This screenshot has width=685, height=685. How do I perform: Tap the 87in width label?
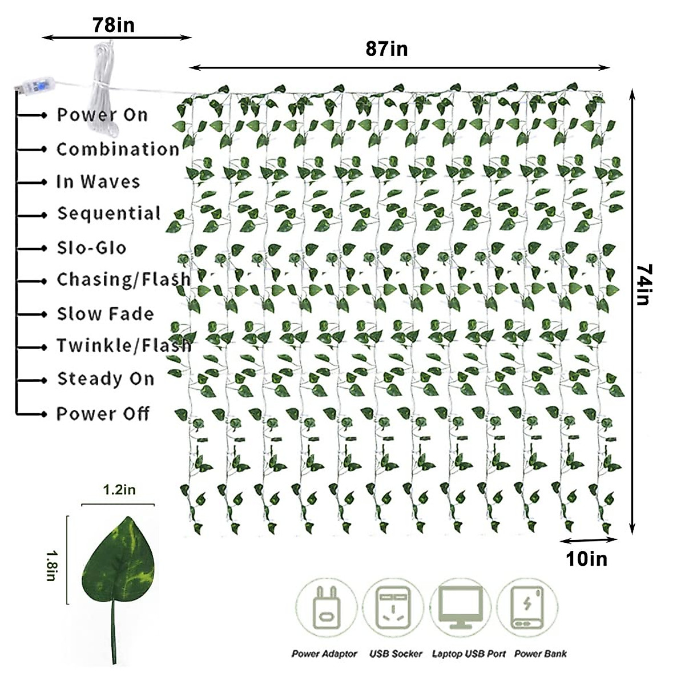[x=386, y=49]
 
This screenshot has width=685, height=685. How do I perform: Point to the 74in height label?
[x=643, y=284]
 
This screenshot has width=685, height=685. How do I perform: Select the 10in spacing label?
[x=587, y=559]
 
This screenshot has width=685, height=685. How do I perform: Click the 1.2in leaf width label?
[x=119, y=490]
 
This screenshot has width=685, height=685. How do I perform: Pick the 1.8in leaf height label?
[x=51, y=565]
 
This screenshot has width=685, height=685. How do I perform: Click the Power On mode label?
[x=102, y=115]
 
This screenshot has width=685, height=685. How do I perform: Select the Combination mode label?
[x=118, y=149]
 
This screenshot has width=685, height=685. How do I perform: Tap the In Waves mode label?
[x=98, y=182]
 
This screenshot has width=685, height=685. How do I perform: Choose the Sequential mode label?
[x=108, y=214]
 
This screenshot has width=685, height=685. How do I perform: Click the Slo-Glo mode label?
[x=91, y=248]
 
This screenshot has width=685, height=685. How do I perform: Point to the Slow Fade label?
[x=105, y=314]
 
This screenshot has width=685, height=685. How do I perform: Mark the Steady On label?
[x=106, y=379]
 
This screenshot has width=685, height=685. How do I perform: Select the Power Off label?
[x=103, y=413]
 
